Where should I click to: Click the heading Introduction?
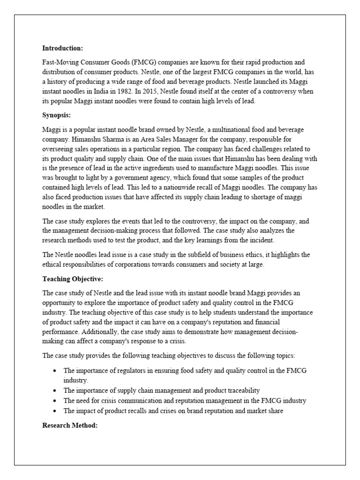point(62,48)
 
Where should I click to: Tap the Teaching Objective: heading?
point(69,279)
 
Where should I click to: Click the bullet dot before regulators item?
point(55,371)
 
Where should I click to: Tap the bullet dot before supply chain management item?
point(55,390)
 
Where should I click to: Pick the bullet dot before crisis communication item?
point(55,401)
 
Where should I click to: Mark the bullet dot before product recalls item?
point(55,411)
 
